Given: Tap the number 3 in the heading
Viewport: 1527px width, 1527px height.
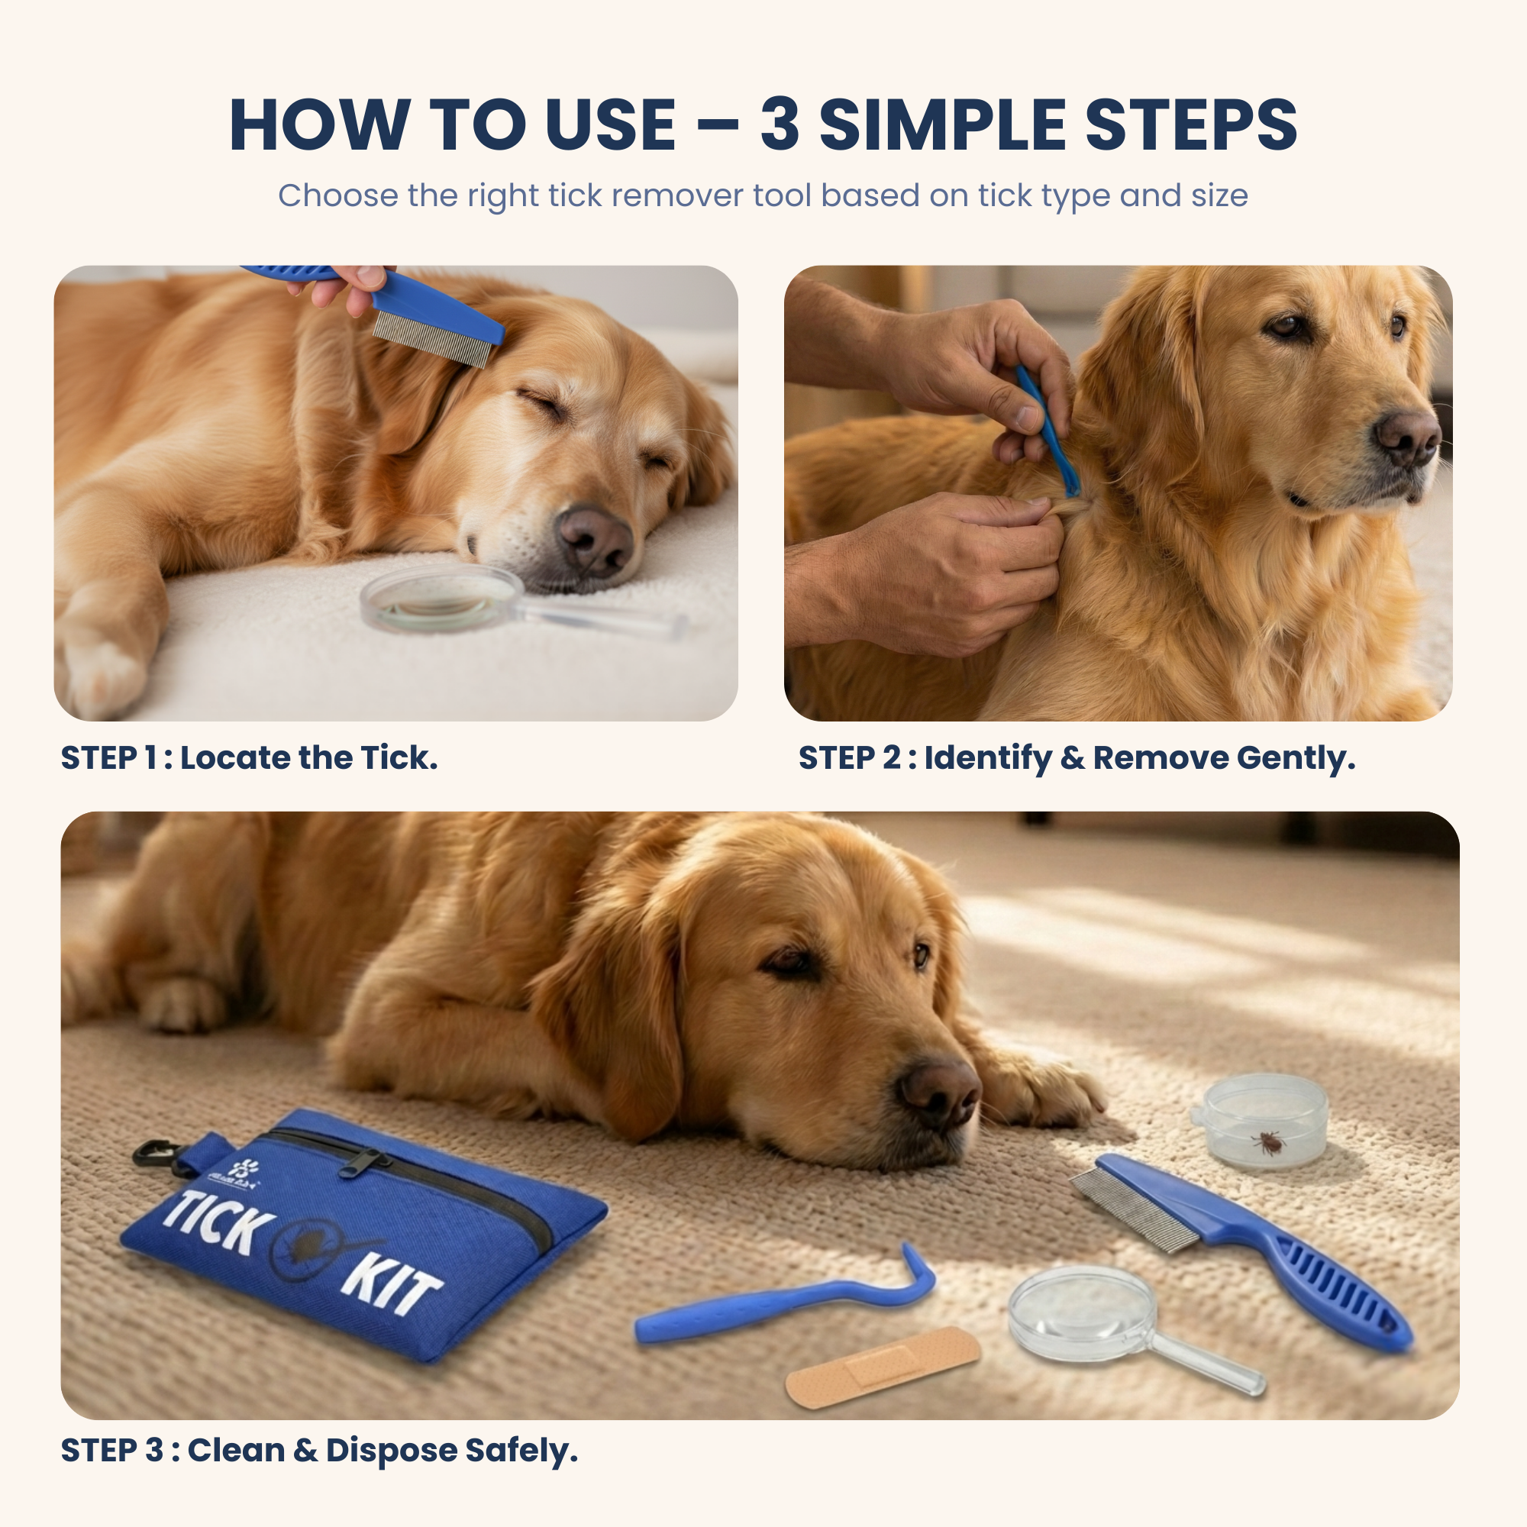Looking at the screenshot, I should pos(780,125).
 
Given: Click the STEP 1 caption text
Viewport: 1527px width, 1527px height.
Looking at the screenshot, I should pos(249,758).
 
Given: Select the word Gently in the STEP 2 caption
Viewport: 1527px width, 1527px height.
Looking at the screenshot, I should pos(1296,758).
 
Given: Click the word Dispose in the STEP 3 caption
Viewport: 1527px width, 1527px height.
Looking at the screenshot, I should pos(391,1451).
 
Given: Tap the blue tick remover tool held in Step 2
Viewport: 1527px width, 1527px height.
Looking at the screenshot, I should pos(1048,431).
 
